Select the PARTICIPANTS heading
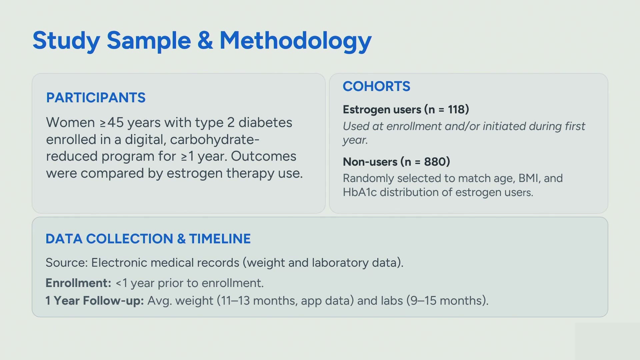(96, 98)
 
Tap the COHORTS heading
(376, 86)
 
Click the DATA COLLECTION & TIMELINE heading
(148, 239)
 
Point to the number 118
(456, 109)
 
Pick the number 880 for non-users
(435, 162)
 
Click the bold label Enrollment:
(78, 283)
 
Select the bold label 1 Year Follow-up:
(95, 301)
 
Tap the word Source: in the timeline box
(67, 263)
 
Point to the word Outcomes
(263, 156)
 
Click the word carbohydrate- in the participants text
(215, 140)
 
